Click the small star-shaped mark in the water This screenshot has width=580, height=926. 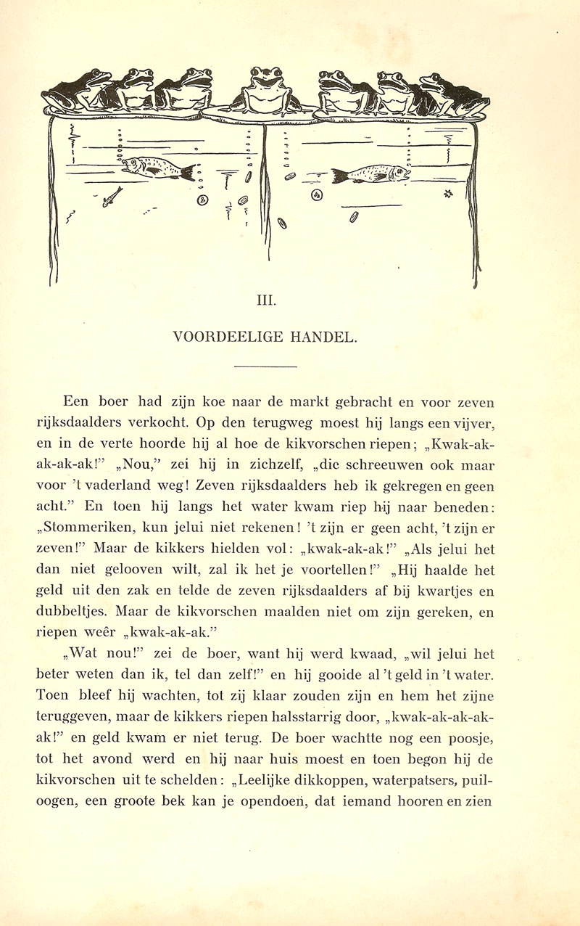(x=447, y=193)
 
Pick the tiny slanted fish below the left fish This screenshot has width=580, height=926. (x=112, y=196)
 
